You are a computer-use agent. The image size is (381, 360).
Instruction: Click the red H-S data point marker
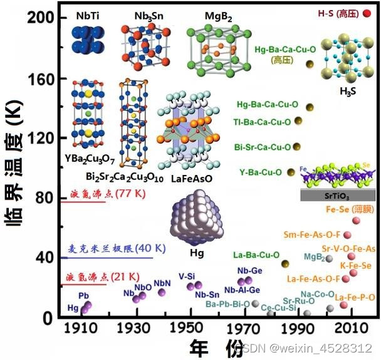coord(367,13)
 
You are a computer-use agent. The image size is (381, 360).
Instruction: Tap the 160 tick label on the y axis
coord(40,79)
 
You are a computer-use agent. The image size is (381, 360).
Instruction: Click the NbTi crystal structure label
coord(85,13)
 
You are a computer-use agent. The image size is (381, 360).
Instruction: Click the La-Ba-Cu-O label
coord(256,255)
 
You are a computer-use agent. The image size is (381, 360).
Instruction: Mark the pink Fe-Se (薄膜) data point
coord(356,220)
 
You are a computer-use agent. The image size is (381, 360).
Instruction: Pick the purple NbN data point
coord(162,292)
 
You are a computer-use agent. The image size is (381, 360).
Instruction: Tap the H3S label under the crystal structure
coord(348,92)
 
